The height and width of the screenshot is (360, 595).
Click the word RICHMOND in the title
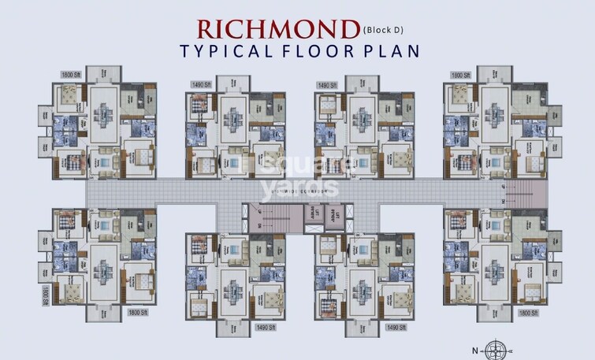pos(278,29)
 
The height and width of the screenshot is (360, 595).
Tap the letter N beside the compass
pos(474,347)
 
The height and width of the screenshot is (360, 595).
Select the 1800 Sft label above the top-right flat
pos(461,75)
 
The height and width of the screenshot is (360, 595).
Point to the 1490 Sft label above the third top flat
pos(326,84)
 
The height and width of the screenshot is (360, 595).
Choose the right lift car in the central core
pos(333,213)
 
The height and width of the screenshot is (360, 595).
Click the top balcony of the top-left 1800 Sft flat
pos(102,75)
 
